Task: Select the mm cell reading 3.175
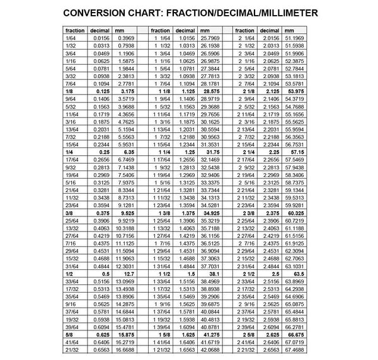126,91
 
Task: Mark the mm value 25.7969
209,39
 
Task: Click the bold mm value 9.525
126,215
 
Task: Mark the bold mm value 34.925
210,215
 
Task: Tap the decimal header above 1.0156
185,30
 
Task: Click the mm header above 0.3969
118,30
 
